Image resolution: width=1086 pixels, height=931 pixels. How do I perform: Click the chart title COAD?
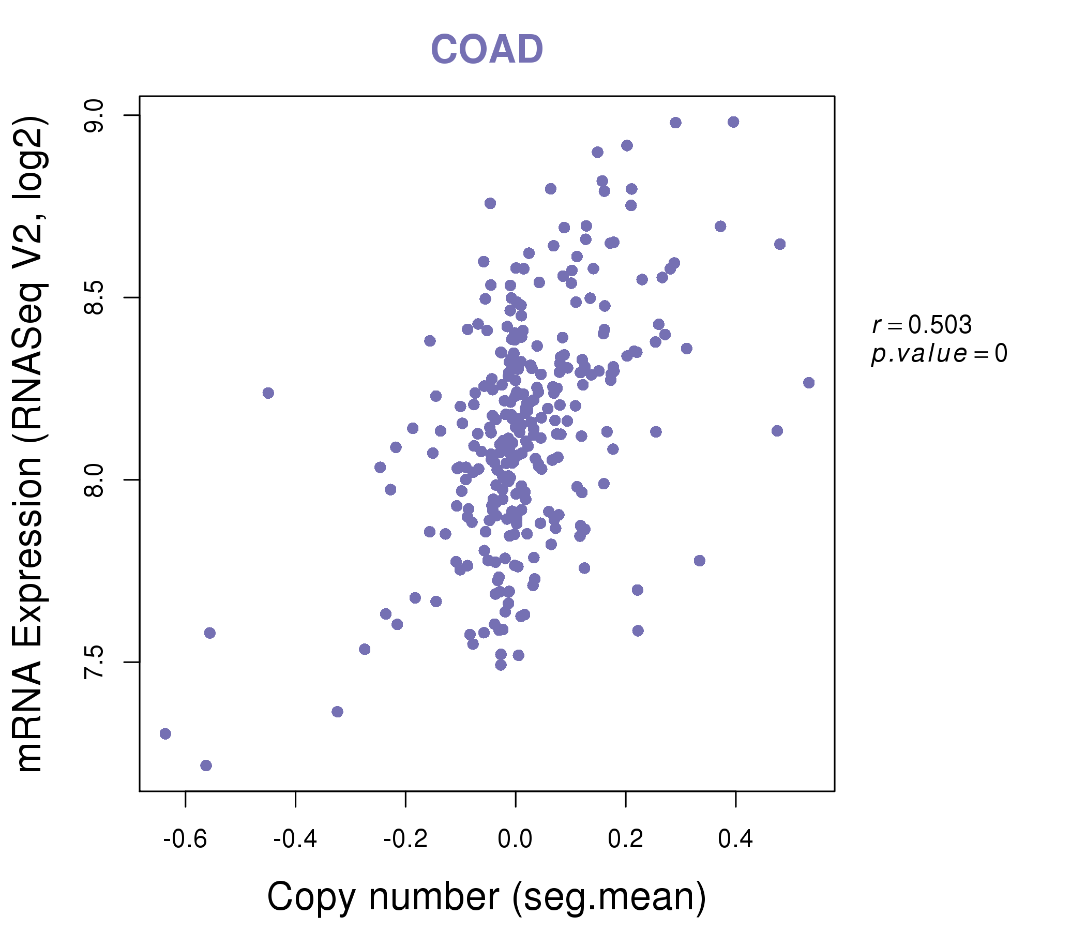pyautogui.click(x=487, y=49)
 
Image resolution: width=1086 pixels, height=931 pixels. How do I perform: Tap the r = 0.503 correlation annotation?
pyautogui.click(x=922, y=325)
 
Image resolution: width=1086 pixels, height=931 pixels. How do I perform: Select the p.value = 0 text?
pyautogui.click(x=939, y=354)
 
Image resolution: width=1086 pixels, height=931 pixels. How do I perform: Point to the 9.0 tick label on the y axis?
pyautogui.click(x=94, y=115)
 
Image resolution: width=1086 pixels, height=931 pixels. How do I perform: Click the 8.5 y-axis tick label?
pyautogui.click(x=94, y=298)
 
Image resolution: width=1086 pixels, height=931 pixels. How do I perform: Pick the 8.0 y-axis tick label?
pyautogui.click(x=94, y=479)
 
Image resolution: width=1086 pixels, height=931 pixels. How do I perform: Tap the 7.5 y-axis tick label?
pyautogui.click(x=94, y=662)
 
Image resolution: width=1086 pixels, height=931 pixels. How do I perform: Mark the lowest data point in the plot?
pyautogui.click(x=206, y=765)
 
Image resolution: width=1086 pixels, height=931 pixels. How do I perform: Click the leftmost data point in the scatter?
pyautogui.click(x=165, y=733)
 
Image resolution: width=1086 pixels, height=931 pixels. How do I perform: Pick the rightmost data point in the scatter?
pyautogui.click(x=809, y=383)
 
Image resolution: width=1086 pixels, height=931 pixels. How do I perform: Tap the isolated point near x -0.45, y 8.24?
pyautogui.click(x=268, y=393)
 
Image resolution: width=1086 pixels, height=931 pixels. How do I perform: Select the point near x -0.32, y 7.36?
pyautogui.click(x=337, y=711)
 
